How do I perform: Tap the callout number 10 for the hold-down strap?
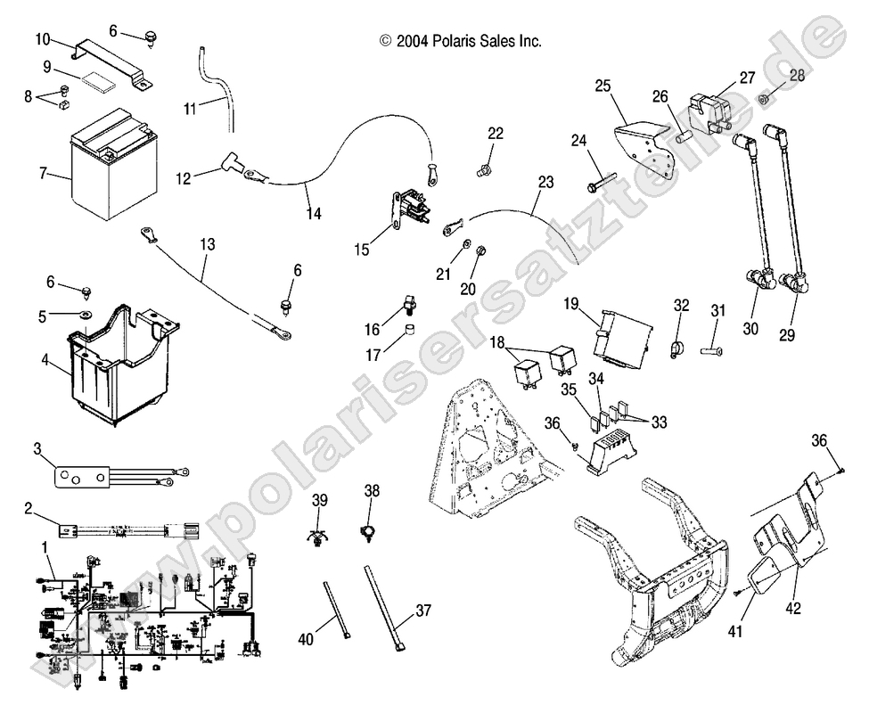click(x=42, y=38)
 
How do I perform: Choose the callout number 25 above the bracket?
click(x=603, y=86)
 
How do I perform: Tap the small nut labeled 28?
click(x=765, y=98)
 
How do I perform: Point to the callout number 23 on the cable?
click(x=545, y=183)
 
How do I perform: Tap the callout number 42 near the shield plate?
click(x=792, y=609)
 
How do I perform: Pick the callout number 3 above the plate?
click(x=38, y=447)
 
